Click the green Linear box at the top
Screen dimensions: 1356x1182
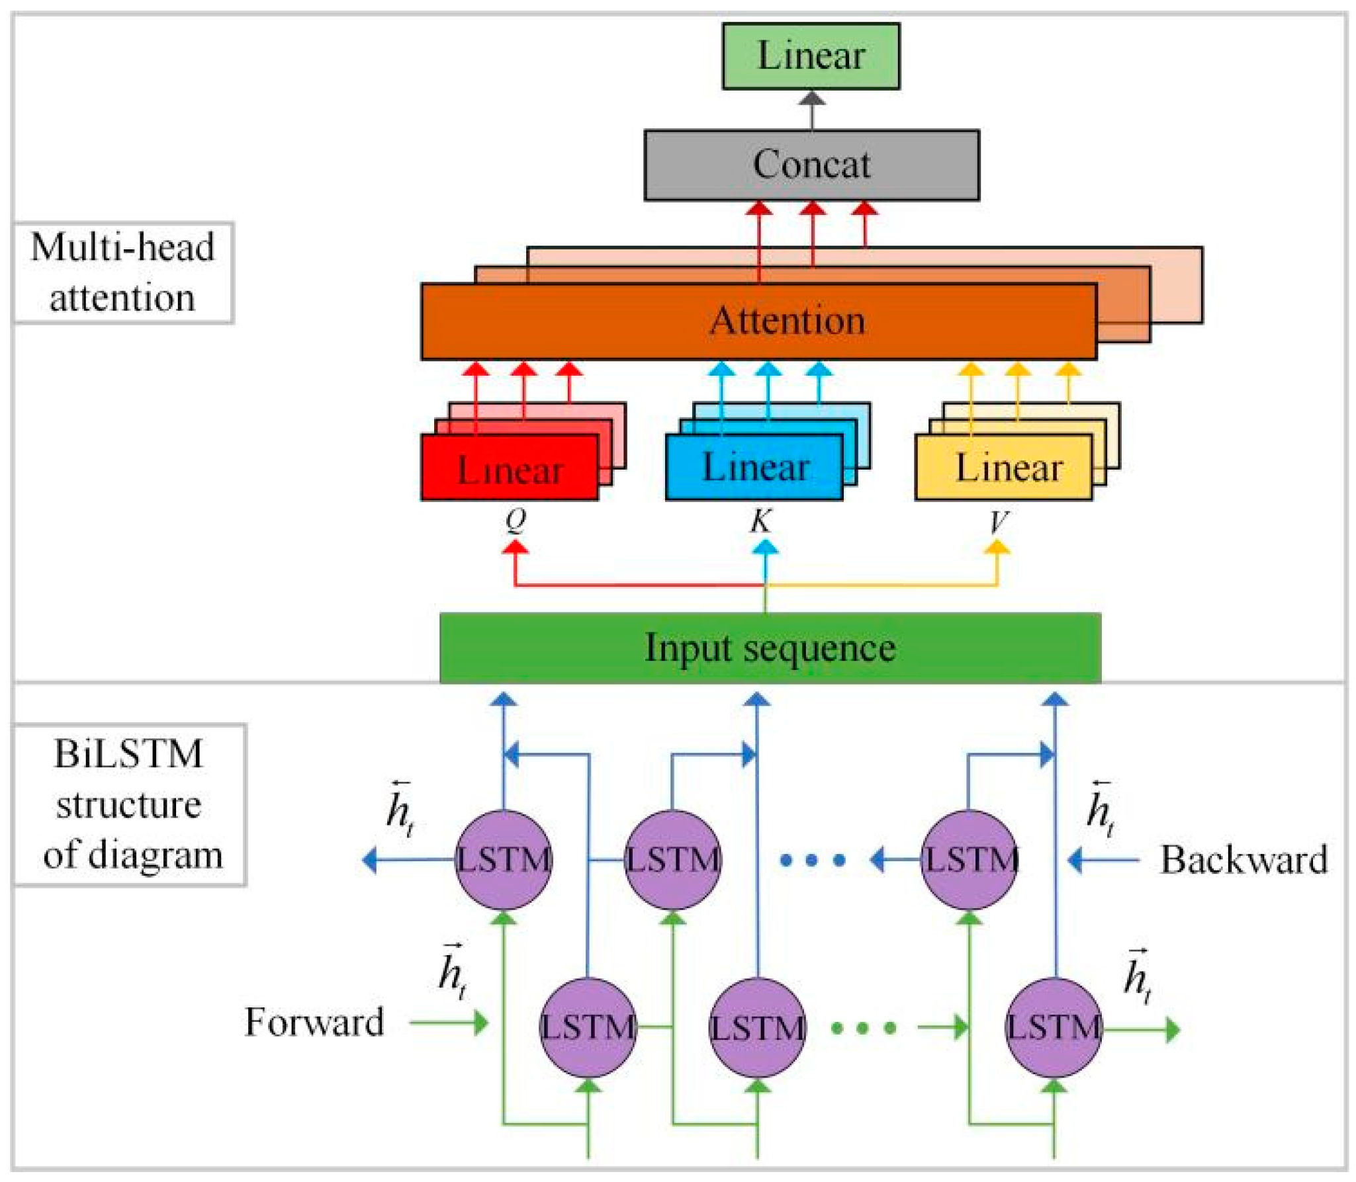click(x=811, y=56)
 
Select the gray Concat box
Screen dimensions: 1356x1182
click(x=811, y=165)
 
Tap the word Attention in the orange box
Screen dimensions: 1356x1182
click(x=788, y=321)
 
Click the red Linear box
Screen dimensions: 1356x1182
click(x=510, y=467)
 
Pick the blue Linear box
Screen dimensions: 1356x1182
click(x=754, y=467)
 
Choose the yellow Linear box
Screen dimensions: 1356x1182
click(x=1003, y=467)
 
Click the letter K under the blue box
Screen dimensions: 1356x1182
click(x=760, y=521)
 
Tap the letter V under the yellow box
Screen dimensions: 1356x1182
click(x=999, y=522)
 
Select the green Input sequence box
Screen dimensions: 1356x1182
click(x=770, y=647)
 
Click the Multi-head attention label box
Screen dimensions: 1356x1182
click(x=123, y=273)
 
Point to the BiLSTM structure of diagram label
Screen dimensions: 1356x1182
click(x=130, y=804)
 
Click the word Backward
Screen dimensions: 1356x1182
click(x=1244, y=860)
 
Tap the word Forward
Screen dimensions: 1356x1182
click(x=314, y=1022)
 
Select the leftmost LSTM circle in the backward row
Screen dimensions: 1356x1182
click(x=503, y=860)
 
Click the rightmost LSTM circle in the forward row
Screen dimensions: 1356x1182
click(x=1054, y=1027)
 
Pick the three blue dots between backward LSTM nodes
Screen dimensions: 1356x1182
click(x=813, y=861)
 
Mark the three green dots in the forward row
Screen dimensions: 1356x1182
click(x=863, y=1028)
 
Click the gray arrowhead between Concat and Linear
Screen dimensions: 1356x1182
click(x=812, y=99)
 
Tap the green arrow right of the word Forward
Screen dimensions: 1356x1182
click(x=449, y=1023)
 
